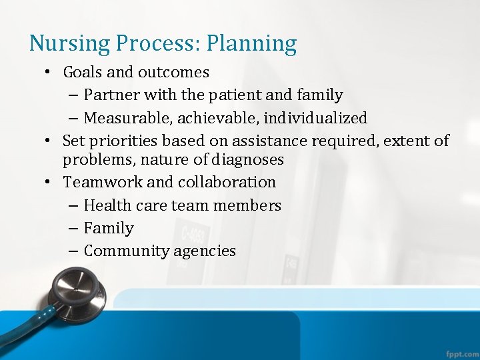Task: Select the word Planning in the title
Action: tap(251, 44)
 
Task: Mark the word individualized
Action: tap(315, 119)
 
